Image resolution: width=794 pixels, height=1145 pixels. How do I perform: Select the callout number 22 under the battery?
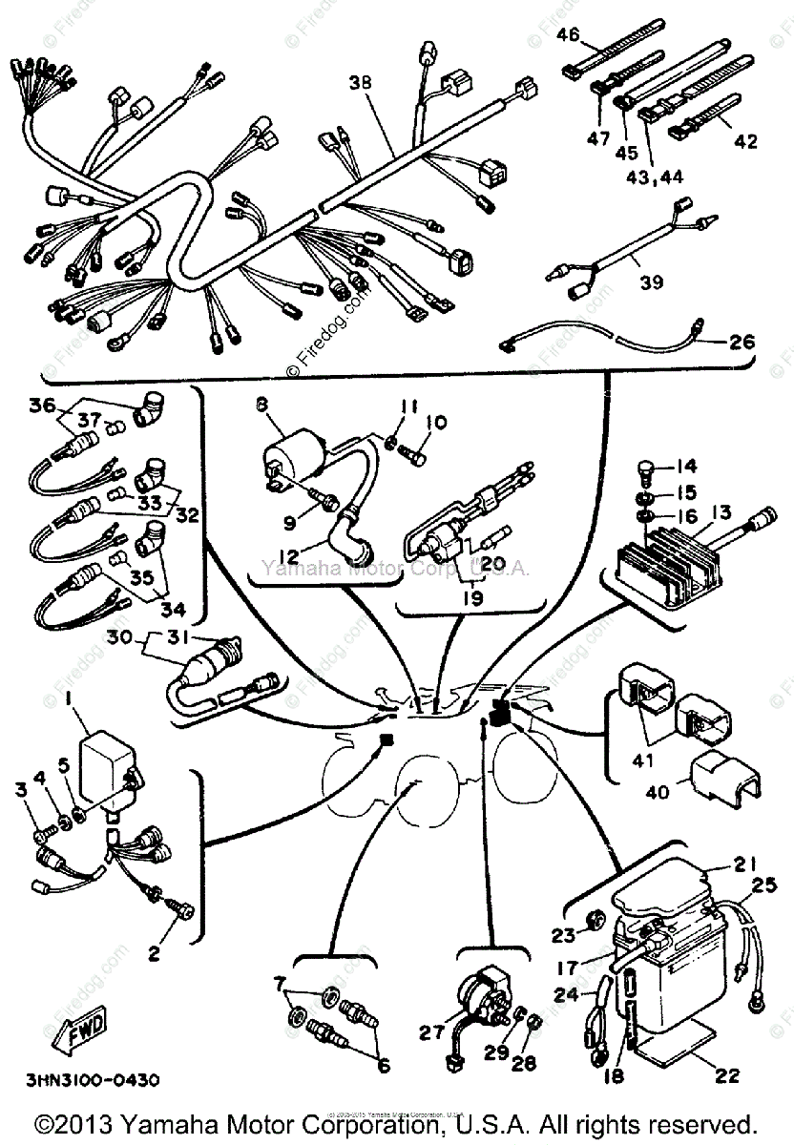point(727,1076)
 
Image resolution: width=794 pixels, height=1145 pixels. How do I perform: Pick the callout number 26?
point(742,342)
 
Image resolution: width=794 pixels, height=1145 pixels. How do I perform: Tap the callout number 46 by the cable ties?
point(568,35)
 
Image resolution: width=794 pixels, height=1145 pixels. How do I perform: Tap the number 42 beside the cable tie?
point(744,141)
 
